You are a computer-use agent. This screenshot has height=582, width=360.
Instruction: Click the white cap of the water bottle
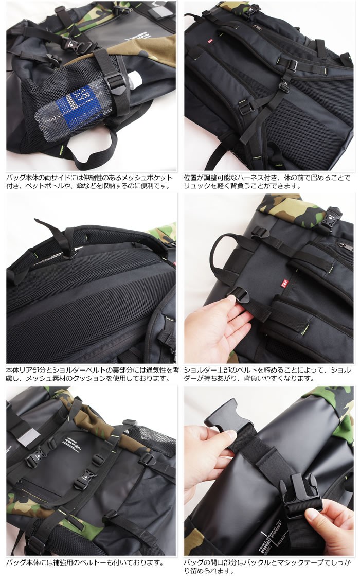[x=135, y=79]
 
